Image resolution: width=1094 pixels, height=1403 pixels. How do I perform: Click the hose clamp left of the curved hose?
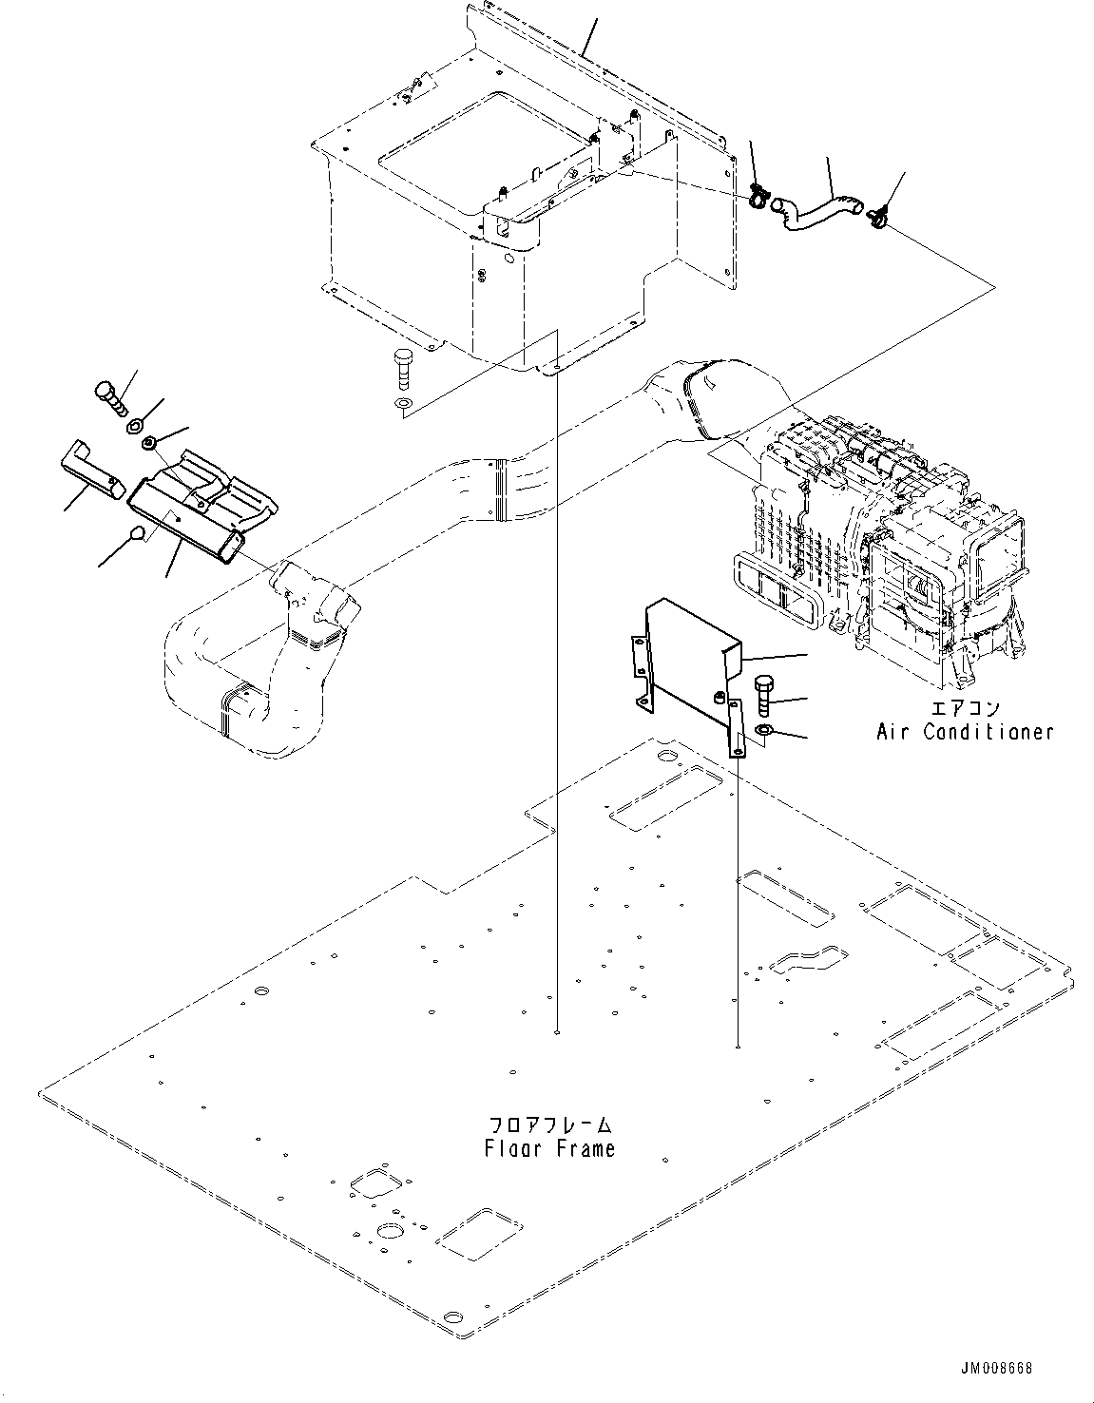pos(759,198)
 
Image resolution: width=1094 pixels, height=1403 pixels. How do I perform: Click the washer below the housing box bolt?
pos(402,407)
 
